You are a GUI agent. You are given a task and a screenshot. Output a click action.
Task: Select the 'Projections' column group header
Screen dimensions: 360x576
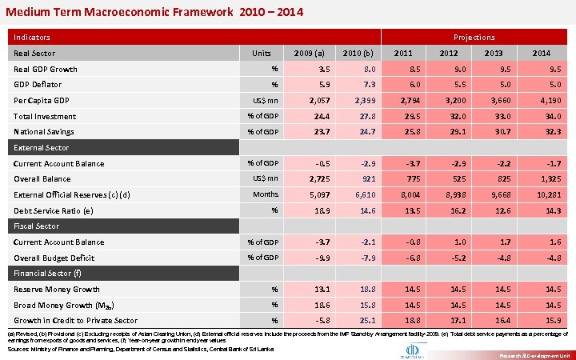pos(474,37)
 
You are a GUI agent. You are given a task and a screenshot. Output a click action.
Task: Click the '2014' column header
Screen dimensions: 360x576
pos(541,54)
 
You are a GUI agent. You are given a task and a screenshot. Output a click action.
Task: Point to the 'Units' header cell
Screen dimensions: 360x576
pos(261,54)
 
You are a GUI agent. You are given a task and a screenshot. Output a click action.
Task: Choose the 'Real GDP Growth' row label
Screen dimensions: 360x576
pos(46,69)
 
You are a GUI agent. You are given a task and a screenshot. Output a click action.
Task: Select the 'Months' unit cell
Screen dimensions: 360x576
pos(266,194)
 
